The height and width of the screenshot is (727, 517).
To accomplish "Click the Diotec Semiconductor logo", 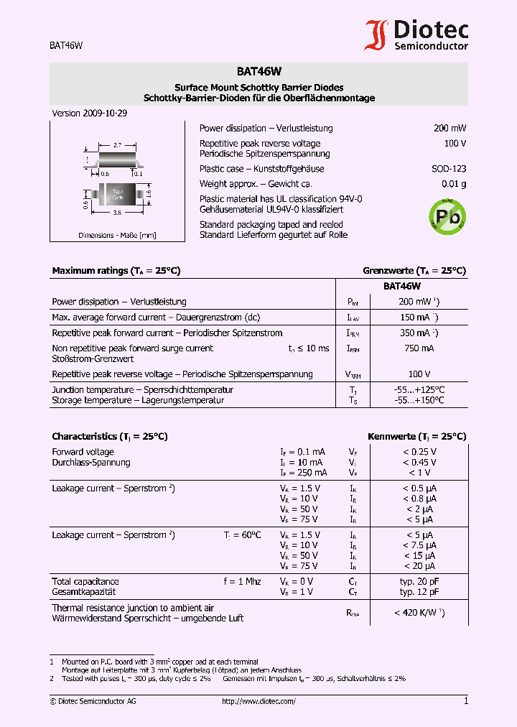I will [416, 34].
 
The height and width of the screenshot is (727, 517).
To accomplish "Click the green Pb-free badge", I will [447, 215].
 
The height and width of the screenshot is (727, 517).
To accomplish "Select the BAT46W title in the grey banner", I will [258, 72].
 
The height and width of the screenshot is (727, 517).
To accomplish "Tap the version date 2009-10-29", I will [105, 114].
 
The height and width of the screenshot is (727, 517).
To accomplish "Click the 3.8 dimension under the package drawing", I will [116, 213].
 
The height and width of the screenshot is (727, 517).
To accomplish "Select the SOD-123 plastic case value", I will [450, 169].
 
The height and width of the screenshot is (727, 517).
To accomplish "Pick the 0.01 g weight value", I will [454, 184].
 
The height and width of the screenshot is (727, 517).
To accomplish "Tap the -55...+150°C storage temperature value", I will [419, 400].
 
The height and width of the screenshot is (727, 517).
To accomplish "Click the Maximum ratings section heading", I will [116, 271].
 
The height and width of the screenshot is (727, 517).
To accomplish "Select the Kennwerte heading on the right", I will [416, 436].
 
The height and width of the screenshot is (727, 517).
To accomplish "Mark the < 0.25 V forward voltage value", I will [419, 452].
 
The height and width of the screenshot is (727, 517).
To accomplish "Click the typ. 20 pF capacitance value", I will [419, 581].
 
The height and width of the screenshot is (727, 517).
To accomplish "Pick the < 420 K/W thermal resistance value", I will [419, 613].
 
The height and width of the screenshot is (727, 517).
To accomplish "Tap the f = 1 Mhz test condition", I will [242, 581].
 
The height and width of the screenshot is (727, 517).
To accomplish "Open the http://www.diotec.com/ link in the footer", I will [258, 701].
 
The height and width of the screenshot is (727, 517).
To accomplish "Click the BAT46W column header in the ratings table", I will [401, 286].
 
